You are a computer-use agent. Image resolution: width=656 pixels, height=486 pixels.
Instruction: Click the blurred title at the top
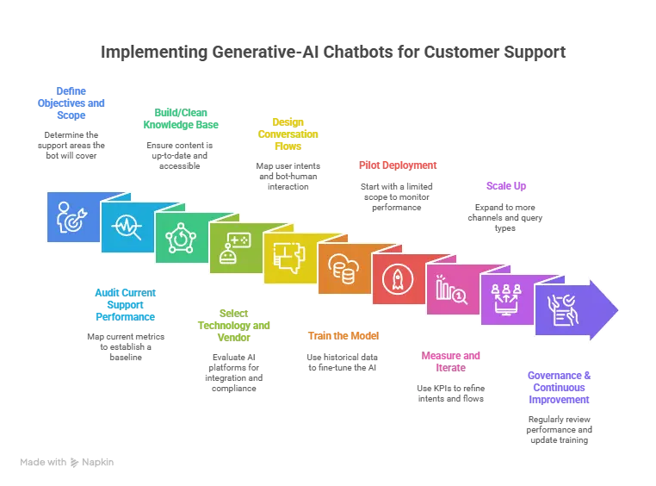click(x=331, y=53)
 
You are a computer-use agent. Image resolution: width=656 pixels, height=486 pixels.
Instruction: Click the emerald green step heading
click(x=179, y=119)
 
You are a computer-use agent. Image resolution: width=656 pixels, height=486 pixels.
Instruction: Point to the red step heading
click(x=398, y=165)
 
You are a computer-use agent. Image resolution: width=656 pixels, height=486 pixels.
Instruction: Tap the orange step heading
click(x=342, y=334)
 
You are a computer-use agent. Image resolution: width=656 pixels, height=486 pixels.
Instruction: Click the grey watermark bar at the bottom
click(x=69, y=462)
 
